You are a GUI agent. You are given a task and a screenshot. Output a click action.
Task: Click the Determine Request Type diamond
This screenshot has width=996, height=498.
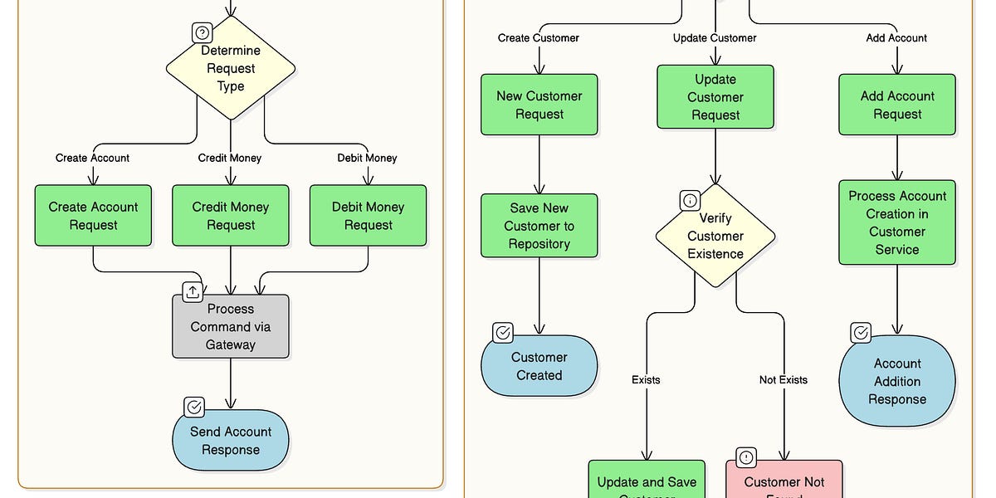tap(231, 68)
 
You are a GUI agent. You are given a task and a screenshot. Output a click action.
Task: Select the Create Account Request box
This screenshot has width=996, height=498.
tap(93, 216)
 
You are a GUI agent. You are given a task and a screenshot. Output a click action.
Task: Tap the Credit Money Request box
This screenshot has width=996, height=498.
tap(231, 216)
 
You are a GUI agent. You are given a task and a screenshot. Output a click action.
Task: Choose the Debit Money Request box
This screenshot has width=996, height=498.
tap(368, 216)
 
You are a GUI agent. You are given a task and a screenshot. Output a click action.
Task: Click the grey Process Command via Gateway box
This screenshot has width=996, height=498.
tap(231, 326)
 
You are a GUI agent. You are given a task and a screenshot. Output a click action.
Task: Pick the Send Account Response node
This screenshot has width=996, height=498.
tap(231, 441)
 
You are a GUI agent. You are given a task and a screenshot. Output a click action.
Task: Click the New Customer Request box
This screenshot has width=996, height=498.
tap(539, 105)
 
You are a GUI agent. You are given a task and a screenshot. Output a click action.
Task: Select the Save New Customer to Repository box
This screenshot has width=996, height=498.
tap(539, 226)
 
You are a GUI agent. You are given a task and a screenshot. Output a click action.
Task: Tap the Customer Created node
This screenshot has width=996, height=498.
tap(539, 366)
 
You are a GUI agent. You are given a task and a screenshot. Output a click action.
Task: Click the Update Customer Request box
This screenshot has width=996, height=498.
tap(715, 97)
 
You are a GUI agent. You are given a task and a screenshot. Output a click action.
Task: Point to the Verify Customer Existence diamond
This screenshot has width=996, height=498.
tap(715, 236)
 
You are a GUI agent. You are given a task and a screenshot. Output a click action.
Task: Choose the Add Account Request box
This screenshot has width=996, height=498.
tap(897, 105)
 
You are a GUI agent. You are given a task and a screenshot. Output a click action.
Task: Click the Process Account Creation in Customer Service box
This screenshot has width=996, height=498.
tap(897, 222)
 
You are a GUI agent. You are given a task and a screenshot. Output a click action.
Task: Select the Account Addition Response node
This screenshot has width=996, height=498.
tap(897, 381)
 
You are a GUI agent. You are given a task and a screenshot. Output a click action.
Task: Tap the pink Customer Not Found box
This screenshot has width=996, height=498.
tap(784, 481)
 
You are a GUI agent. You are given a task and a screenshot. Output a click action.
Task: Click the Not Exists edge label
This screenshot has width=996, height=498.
tap(783, 379)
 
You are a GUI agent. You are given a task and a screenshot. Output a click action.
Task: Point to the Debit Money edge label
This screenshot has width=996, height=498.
tap(367, 158)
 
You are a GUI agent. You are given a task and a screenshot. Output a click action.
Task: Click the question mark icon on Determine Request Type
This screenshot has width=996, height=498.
tap(202, 32)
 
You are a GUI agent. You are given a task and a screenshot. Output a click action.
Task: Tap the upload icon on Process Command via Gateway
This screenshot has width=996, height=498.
tap(193, 291)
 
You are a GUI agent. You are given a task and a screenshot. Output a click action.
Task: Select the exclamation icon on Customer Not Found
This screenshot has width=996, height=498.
tap(746, 457)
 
